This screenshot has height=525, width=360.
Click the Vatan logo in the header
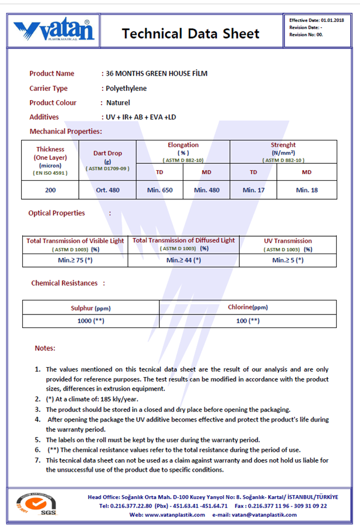pos(54,31)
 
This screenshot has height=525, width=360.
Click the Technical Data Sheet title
pos(190,34)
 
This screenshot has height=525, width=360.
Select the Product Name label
pos(52,73)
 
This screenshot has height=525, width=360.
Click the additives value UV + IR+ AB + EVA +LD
pos(140,117)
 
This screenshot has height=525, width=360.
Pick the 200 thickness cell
pos(50,190)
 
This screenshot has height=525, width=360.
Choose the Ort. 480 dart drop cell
pos(107,190)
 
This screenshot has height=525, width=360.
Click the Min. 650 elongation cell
pos(160,190)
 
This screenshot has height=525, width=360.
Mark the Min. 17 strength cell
pos(253,190)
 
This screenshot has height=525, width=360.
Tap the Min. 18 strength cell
pos(307,190)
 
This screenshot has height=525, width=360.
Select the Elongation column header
pos(183,145)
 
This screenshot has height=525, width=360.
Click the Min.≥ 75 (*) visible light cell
pos(75,260)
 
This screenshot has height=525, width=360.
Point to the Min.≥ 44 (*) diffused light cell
pos(184,260)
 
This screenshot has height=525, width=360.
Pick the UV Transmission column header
pos(288,240)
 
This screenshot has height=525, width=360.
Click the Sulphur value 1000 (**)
pos(91,320)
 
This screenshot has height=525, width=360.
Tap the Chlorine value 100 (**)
pos(247,320)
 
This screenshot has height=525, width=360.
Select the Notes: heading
pos(45,348)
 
